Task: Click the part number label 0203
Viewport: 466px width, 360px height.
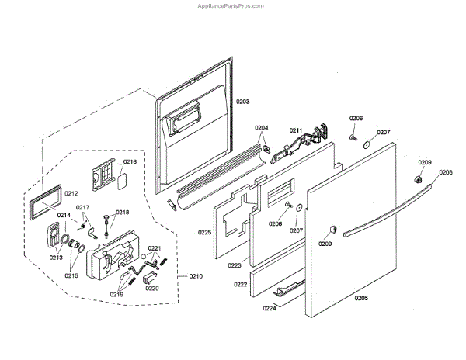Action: [242, 102]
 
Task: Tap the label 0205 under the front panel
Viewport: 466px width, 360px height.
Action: [361, 298]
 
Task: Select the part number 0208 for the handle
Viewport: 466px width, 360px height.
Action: [445, 172]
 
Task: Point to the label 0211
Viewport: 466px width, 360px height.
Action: [295, 130]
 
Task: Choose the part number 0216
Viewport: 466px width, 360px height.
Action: [130, 162]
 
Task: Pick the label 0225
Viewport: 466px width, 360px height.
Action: [205, 232]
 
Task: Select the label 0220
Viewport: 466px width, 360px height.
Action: [152, 289]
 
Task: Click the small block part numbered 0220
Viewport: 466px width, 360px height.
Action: [151, 273]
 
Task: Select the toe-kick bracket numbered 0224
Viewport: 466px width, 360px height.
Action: [287, 292]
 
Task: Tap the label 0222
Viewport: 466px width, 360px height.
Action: [241, 285]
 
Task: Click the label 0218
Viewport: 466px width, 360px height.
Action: [123, 212]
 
